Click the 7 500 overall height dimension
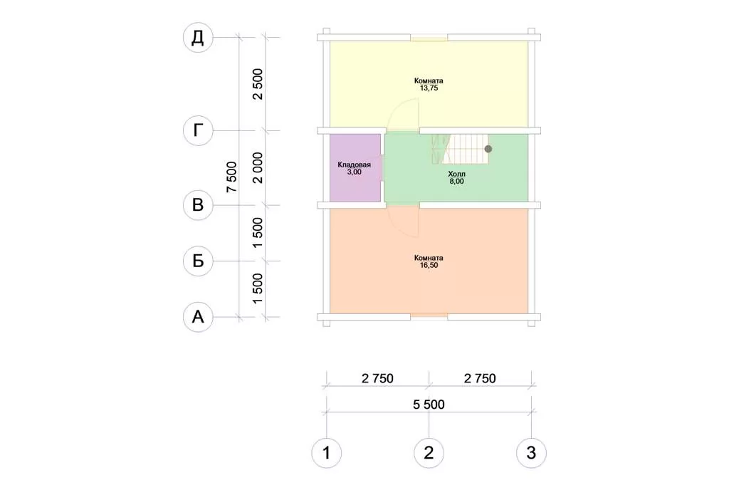[231, 177]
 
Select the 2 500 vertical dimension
[257, 84]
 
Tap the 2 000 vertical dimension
[257, 168]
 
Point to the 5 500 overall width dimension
[429, 405]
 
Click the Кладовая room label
[355, 165]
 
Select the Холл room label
[456, 174]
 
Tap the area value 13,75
[429, 88]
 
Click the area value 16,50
[429, 265]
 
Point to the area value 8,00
[456, 182]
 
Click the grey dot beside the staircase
[488, 150]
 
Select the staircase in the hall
[461, 149]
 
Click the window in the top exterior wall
[429, 38]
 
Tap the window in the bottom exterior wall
[429, 317]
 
